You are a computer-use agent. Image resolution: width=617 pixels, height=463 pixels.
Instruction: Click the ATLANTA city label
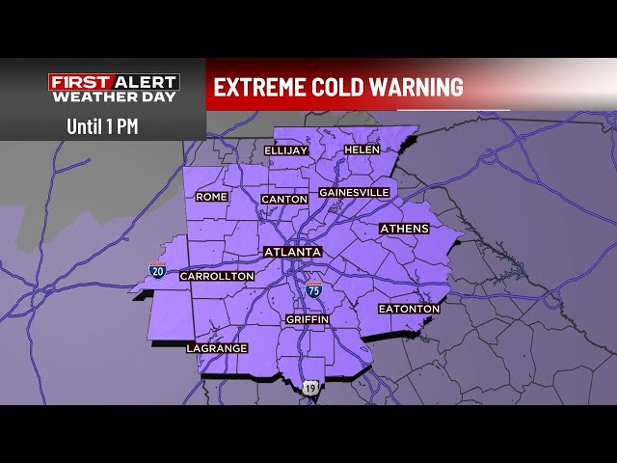(x=292, y=252)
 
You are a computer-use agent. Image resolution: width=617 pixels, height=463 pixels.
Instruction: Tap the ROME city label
(x=211, y=197)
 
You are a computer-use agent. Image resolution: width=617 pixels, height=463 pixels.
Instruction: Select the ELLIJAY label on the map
(x=285, y=150)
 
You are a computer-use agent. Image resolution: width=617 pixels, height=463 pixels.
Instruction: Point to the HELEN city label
(x=362, y=150)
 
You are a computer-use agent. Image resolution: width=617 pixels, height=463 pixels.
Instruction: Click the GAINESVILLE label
(x=354, y=192)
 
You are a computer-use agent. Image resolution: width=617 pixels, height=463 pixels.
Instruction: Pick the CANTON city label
(x=284, y=199)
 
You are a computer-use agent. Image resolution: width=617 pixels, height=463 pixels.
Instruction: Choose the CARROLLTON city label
(x=217, y=276)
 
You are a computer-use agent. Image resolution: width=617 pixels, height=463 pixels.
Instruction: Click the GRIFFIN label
(x=308, y=319)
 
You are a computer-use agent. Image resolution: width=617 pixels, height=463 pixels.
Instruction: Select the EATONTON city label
(x=410, y=309)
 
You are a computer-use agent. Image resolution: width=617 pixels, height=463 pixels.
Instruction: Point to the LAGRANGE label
(x=217, y=348)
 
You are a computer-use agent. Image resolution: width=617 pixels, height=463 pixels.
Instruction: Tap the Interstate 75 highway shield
(x=313, y=288)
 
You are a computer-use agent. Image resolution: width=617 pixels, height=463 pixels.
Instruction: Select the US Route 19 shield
(x=309, y=387)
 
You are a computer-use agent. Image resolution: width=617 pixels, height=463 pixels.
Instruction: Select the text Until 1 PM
(x=102, y=125)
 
